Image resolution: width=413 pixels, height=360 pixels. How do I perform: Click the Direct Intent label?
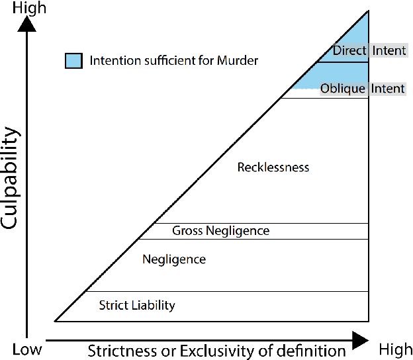coord(369,51)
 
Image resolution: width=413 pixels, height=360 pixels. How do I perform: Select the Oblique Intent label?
coord(362,89)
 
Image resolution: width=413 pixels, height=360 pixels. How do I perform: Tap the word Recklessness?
coord(273,167)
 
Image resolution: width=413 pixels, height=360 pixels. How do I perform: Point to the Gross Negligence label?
coord(220,231)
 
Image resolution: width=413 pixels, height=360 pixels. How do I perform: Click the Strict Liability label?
coord(137,305)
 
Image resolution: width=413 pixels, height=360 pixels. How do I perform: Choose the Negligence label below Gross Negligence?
coord(174,259)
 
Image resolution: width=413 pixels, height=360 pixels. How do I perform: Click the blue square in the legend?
coord(73,61)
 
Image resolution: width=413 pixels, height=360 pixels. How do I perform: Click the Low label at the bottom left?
coord(27,349)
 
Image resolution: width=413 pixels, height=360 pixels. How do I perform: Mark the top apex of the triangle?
coord(367,11)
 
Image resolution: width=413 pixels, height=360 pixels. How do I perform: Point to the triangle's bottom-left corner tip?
coord(56,320)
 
